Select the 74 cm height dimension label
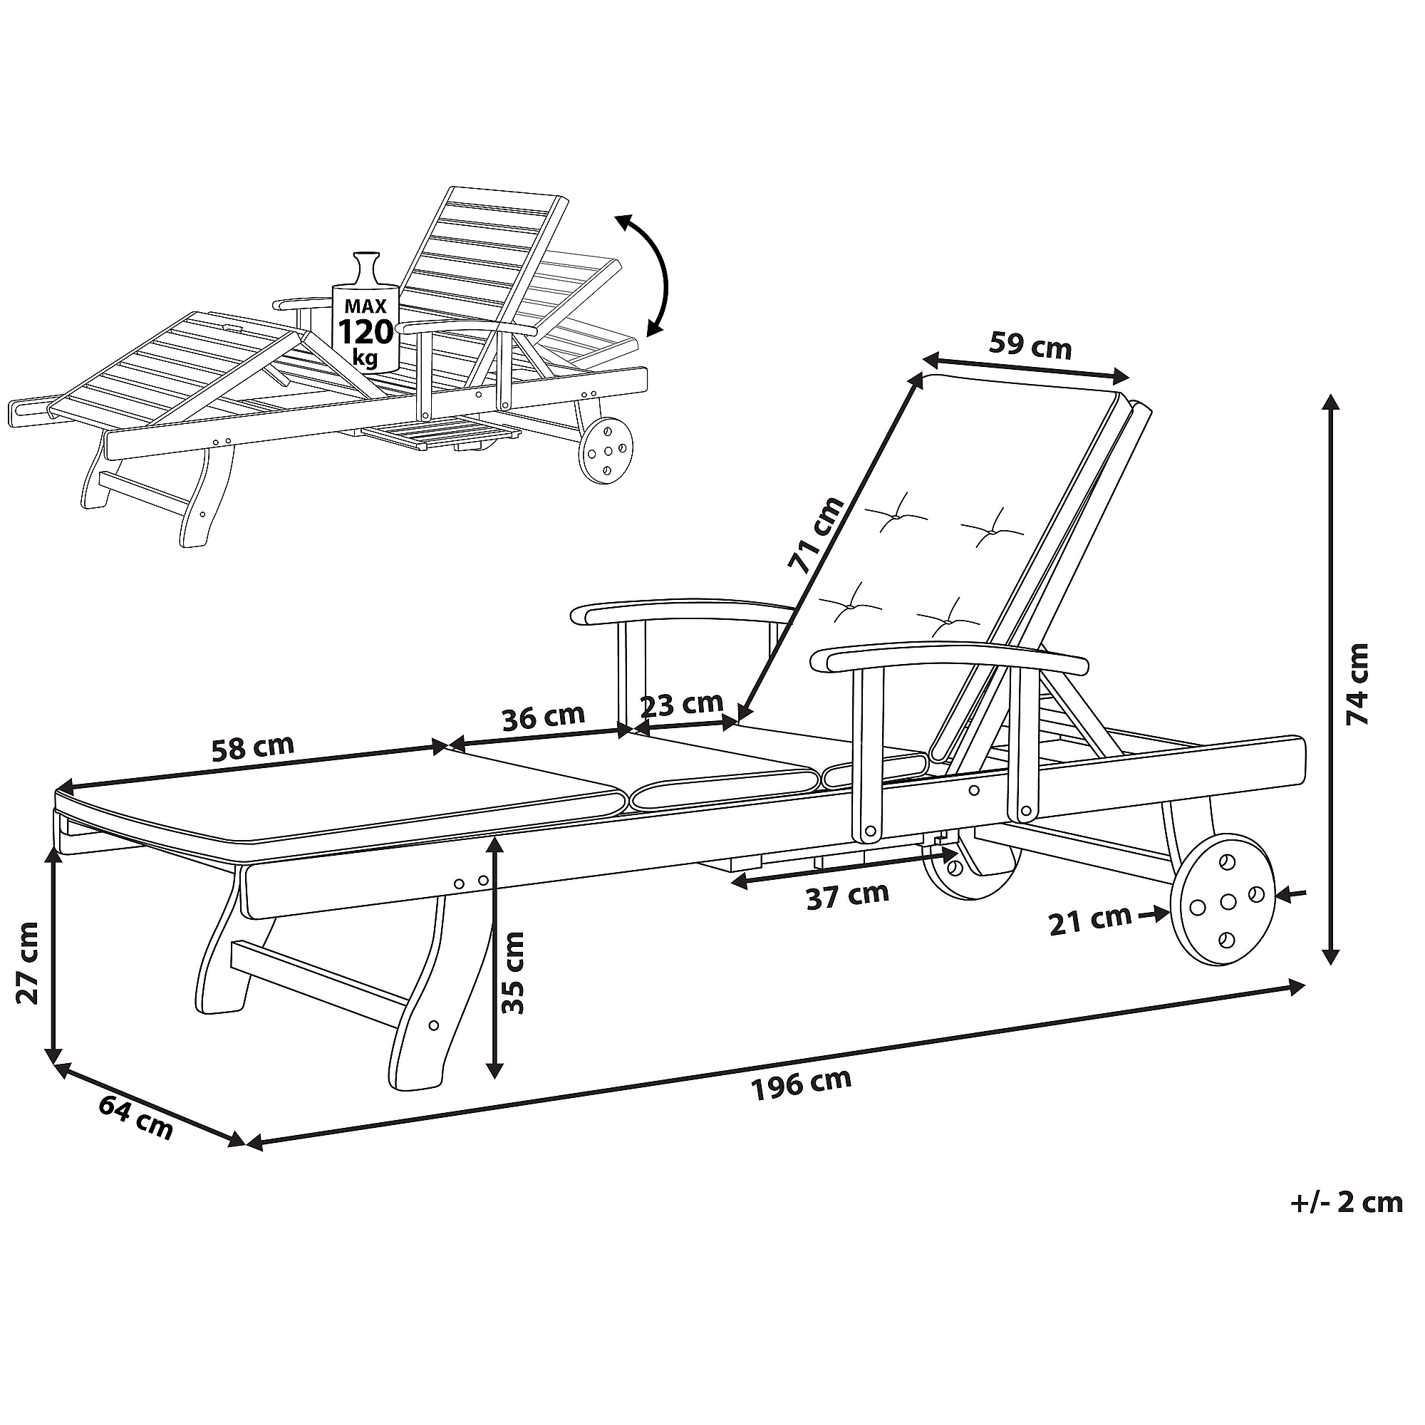coord(1357,684)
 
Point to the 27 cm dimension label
coord(27,962)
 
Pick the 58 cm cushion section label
coord(252,747)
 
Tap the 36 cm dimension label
coord(543,717)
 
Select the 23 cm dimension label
coord(682,704)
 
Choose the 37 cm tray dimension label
coord(847,896)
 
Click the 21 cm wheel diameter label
coord(1089,921)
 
